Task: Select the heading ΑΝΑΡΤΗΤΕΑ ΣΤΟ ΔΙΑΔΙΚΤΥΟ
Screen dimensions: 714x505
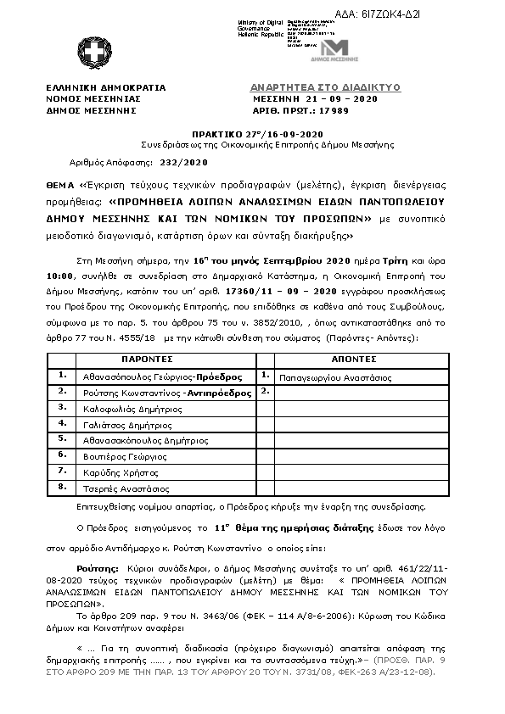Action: [x=325, y=87]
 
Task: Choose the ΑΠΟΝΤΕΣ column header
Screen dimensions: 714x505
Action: [x=347, y=360]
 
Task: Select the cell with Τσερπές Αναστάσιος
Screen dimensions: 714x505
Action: [x=126, y=488]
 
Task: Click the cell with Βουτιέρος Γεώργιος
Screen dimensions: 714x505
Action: [x=127, y=456]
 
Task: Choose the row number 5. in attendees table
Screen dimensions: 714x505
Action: [x=62, y=440]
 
